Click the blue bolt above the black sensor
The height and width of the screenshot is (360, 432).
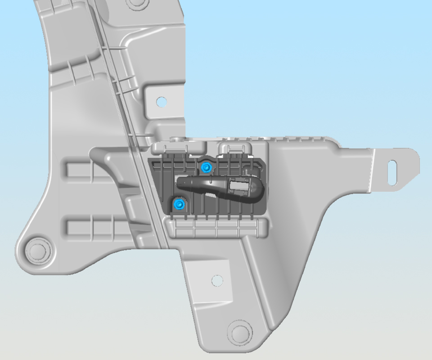[206, 168]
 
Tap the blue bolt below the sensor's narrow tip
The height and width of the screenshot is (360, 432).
[179, 205]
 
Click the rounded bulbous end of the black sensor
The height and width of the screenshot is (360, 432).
[258, 189]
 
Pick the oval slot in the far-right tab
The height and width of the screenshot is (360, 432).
[392, 172]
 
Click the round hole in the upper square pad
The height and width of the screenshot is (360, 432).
[161, 102]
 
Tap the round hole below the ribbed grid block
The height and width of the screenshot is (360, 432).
[217, 280]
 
